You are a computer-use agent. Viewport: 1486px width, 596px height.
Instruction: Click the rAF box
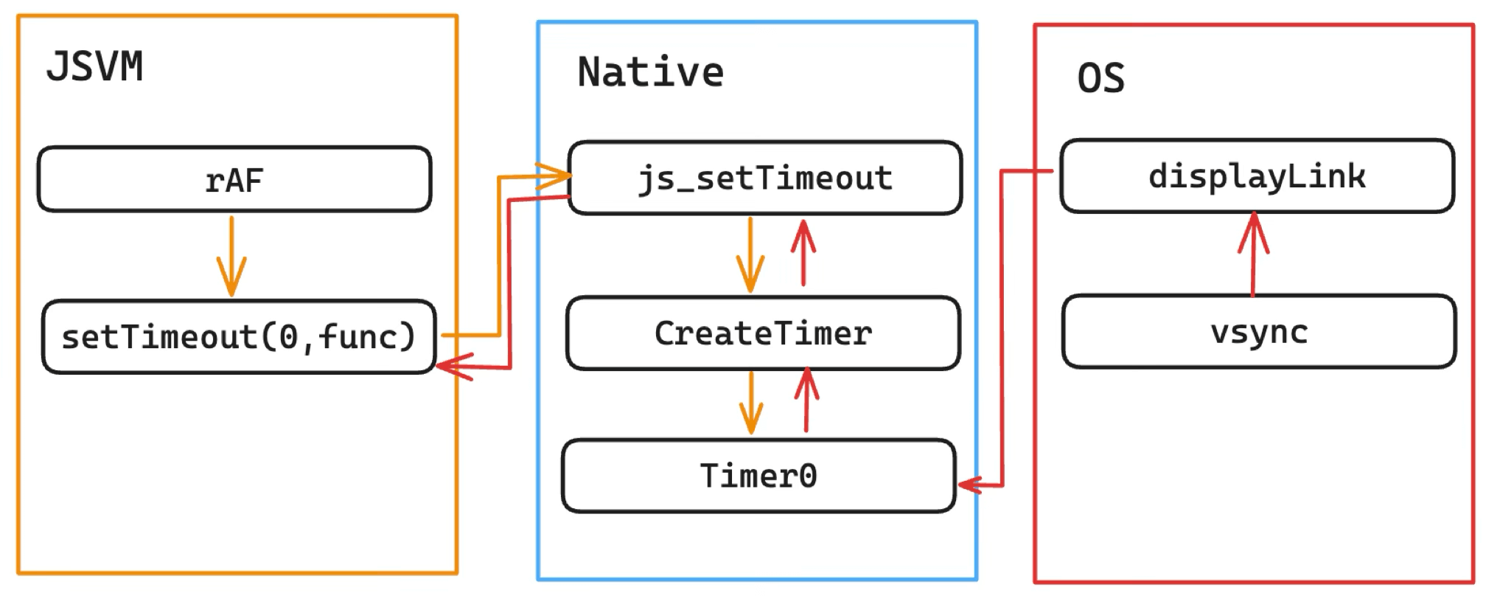[x=234, y=179]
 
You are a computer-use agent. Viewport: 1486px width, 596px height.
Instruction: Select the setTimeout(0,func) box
[x=239, y=336]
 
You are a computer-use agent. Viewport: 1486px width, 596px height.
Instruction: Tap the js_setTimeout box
[x=765, y=178]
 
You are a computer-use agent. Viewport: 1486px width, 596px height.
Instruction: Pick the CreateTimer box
[x=763, y=333]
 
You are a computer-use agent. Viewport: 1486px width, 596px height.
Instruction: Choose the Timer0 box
[x=758, y=476]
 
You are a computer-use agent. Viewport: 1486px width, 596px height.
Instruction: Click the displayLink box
[x=1257, y=176]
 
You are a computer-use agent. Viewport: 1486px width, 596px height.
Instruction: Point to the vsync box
[x=1259, y=331]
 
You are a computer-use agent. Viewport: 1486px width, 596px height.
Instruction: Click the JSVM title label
[x=94, y=66]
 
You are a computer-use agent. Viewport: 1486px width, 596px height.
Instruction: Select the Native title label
[x=650, y=72]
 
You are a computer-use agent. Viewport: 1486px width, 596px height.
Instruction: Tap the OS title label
[x=1101, y=77]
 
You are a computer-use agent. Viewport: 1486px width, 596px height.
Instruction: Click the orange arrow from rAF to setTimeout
[x=231, y=256]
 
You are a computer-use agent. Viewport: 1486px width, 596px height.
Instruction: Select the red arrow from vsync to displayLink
[x=1253, y=254]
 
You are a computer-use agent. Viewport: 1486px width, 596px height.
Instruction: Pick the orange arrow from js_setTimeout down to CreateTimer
[x=750, y=254]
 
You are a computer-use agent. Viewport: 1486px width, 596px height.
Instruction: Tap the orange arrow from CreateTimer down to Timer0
[x=751, y=403]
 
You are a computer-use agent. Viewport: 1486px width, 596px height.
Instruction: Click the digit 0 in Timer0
[x=807, y=476]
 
